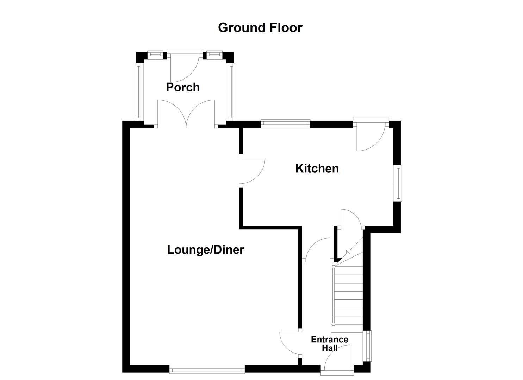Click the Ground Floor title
coord(260,27)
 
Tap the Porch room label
coord(183,87)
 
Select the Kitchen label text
coord(317,168)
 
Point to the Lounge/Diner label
coord(205,250)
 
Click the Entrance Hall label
coord(329,344)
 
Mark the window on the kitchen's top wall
coord(285,123)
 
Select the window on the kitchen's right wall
coord(398,183)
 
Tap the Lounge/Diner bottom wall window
coord(207,369)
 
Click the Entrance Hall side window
coord(368,346)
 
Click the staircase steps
coord(348,296)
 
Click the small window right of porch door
coord(213,54)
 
